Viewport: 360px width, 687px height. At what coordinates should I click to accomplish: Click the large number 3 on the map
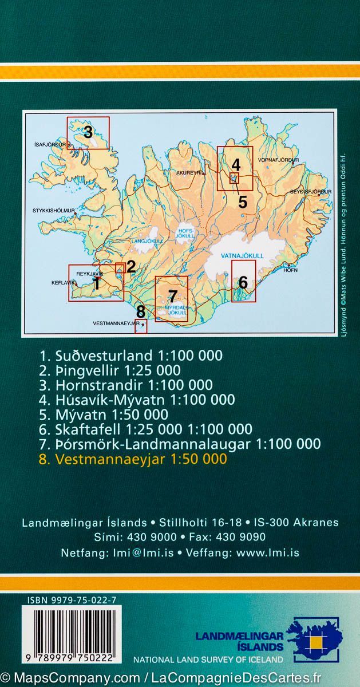(88, 132)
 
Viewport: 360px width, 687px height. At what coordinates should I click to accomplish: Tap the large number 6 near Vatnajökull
(243, 282)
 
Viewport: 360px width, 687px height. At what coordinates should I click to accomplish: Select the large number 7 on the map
(172, 296)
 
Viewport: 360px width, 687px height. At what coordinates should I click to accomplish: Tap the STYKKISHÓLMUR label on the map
(54, 211)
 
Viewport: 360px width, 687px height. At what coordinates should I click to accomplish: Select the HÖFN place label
(291, 270)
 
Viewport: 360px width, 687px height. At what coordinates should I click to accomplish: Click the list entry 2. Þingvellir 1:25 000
(110, 370)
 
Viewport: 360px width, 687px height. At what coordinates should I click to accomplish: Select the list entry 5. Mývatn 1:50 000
(104, 414)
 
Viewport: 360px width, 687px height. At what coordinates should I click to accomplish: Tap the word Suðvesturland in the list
(97, 356)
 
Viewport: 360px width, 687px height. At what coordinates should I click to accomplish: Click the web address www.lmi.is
(267, 553)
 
